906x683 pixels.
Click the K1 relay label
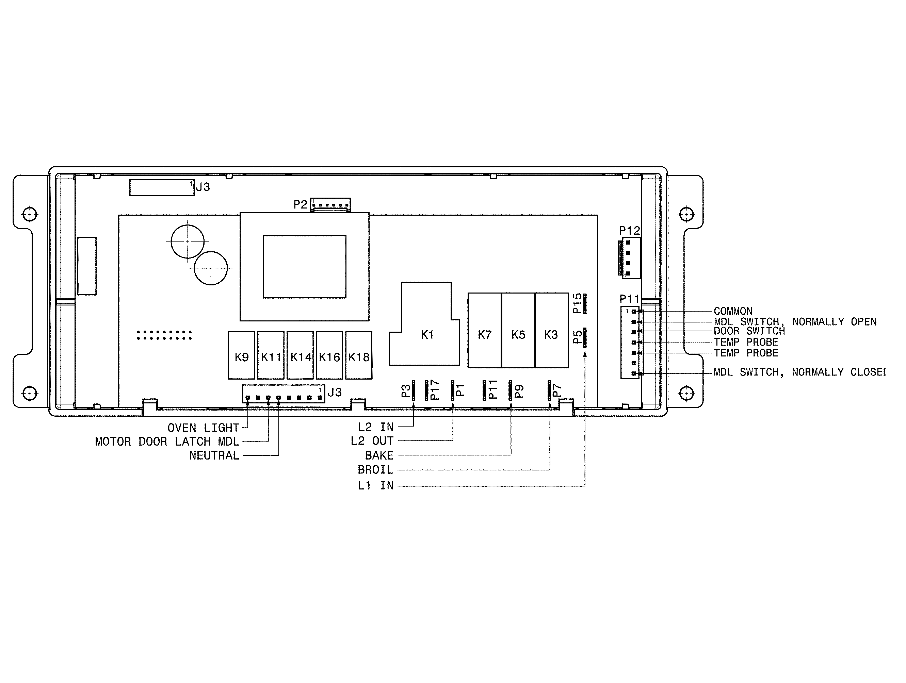coord(427,335)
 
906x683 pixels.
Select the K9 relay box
coord(242,355)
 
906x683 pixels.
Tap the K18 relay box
coord(359,355)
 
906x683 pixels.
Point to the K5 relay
coord(518,330)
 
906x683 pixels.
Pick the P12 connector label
coord(629,231)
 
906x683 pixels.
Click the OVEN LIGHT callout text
coord(203,428)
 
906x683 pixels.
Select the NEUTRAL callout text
coord(214,455)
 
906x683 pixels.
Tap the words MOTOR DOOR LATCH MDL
coord(167,442)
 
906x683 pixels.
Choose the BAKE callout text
coord(379,455)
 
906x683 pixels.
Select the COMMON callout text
coord(733,311)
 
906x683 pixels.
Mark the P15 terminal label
coord(577,303)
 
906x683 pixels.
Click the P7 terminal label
coord(556,390)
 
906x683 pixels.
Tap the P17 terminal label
coord(435,390)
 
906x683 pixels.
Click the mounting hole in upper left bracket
coord(30,214)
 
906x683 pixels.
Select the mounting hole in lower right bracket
coord(686,394)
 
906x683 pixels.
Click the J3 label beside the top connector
coord(203,187)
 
